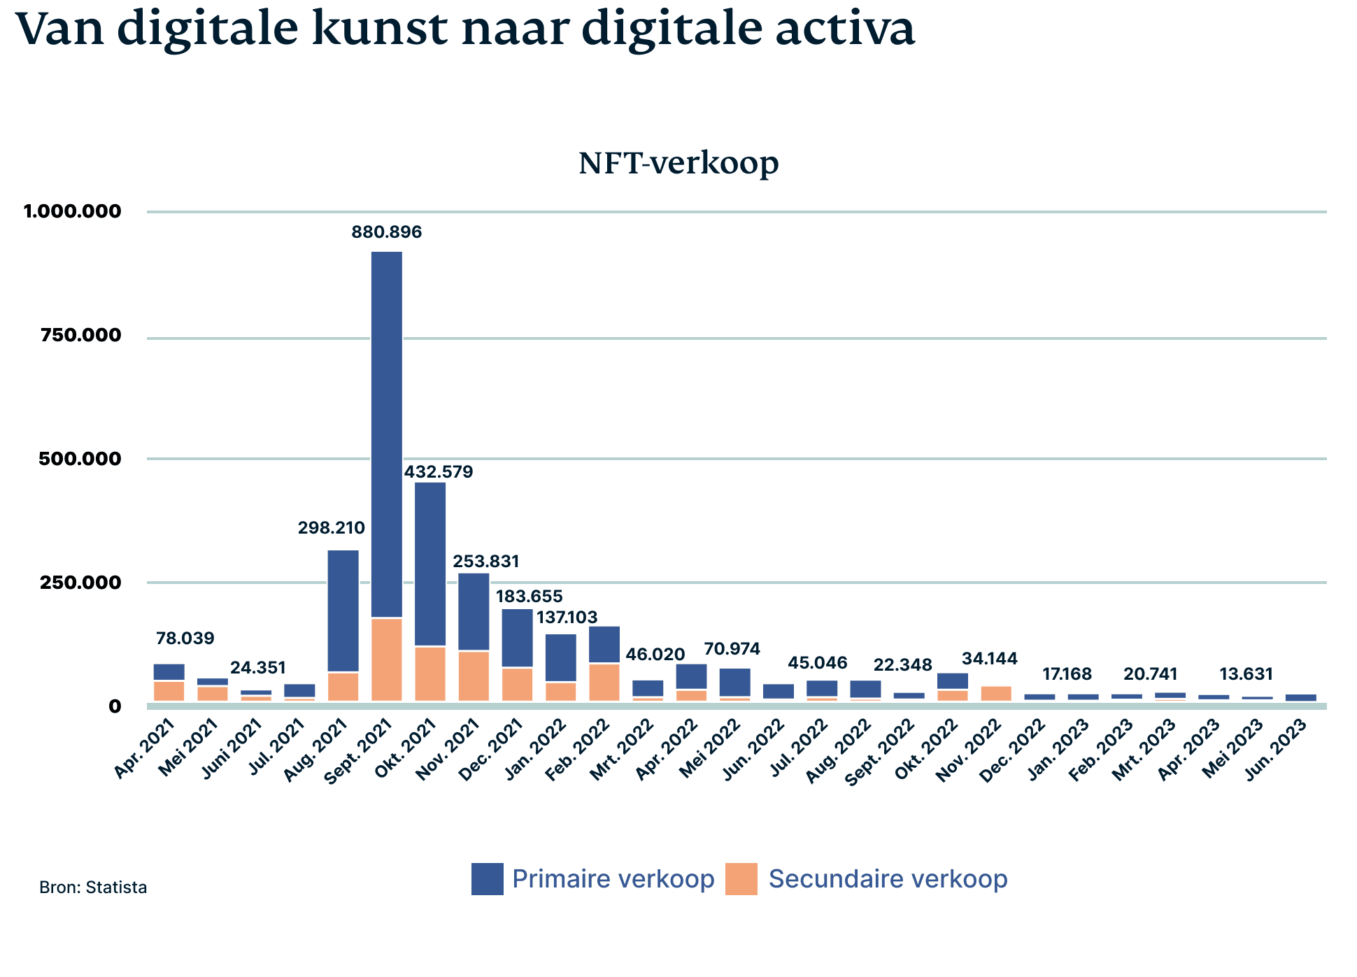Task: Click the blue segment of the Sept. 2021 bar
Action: [x=387, y=434]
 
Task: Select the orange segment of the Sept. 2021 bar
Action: [x=387, y=659]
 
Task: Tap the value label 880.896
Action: [x=387, y=232]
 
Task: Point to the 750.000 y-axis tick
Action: [x=81, y=335]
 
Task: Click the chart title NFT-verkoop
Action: [x=678, y=163]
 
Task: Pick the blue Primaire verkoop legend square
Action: [x=487, y=879]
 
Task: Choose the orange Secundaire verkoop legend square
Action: [x=741, y=879]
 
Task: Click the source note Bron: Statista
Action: [x=93, y=887]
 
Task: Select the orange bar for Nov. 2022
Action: [x=996, y=694]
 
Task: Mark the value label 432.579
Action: [x=439, y=472]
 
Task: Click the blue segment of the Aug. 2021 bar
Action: [x=343, y=611]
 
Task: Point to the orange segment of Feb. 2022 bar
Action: [x=604, y=682]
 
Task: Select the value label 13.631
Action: [x=1246, y=674]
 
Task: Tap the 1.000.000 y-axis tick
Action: [x=73, y=211]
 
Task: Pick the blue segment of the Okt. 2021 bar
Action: [x=430, y=564]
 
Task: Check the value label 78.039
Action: [x=185, y=639]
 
